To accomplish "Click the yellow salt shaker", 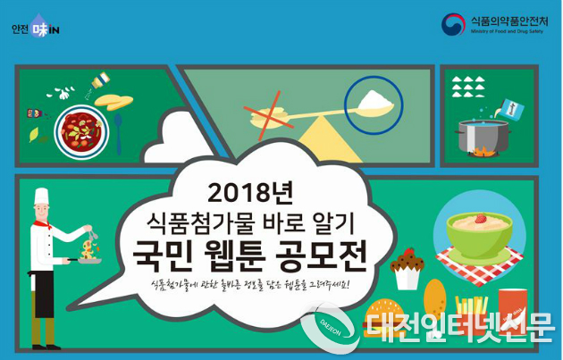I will [96, 88].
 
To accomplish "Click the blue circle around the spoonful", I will [374, 100].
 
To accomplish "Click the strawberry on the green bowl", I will [480, 218].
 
